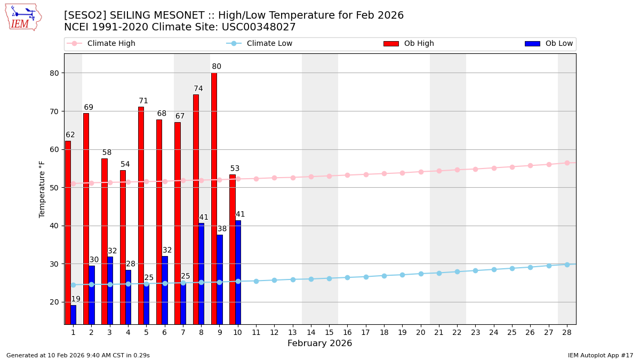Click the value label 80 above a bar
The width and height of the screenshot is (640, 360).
pos(217,67)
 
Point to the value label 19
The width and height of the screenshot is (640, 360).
pos(76,299)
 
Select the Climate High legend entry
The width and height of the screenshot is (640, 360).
pos(101,44)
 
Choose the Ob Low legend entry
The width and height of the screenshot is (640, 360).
pos(549,44)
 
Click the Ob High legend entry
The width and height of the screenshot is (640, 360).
pos(409,44)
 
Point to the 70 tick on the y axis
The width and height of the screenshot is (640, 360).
pos(56,111)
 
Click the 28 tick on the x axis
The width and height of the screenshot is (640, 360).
pos(567,332)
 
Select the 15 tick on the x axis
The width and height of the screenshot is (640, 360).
pos(329,332)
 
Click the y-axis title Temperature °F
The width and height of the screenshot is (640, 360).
pos(42,189)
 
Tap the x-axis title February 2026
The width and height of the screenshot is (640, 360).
pos(319,343)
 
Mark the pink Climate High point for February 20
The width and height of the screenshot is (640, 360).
pos(421,172)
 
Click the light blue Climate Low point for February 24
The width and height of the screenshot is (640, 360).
pos(494,269)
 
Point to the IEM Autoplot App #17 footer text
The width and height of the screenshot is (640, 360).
pos(600,355)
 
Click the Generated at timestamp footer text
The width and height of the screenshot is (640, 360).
pos(78,355)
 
